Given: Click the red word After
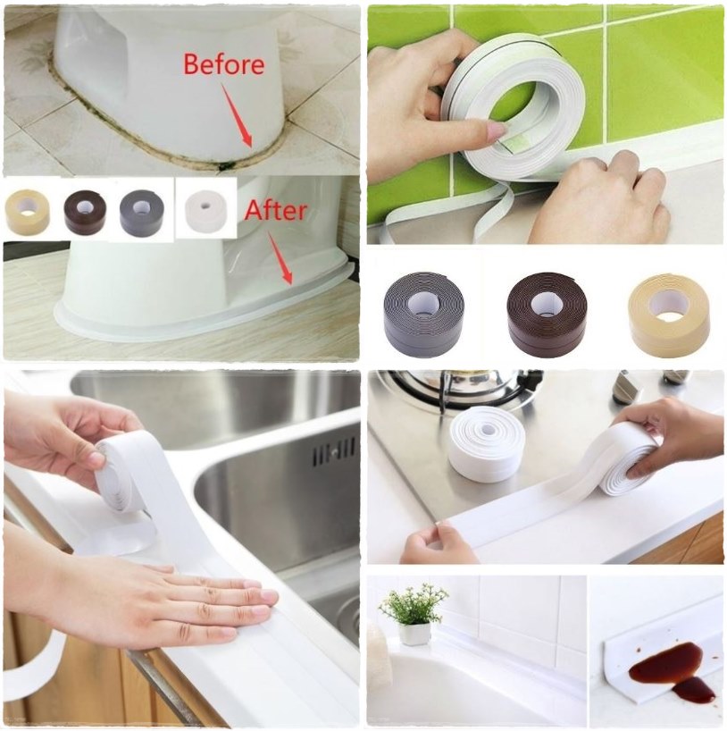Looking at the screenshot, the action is pyautogui.click(x=276, y=210).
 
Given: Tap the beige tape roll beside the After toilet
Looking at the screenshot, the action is pyautogui.click(x=28, y=210).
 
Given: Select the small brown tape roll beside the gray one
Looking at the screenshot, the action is pyautogui.click(x=85, y=211).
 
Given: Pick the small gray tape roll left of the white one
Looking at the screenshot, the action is pyautogui.click(x=142, y=211).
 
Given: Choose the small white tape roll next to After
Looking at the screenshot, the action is pyautogui.click(x=206, y=210).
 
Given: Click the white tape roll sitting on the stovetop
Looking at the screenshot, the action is pyautogui.click(x=487, y=443).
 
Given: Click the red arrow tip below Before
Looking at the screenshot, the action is pyautogui.click(x=250, y=146).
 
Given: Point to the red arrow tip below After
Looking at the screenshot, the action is pyautogui.click(x=291, y=282).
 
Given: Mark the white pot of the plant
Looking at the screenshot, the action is pyautogui.click(x=414, y=634).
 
